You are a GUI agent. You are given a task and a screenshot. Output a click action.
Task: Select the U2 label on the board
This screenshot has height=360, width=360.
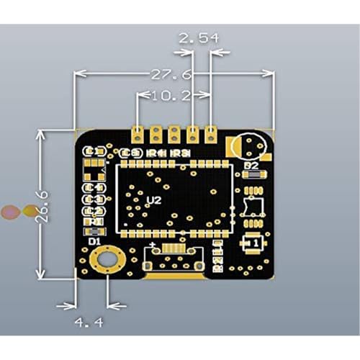[x=153, y=200]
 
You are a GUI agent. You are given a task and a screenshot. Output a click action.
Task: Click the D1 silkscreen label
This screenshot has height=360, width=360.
[x=94, y=242]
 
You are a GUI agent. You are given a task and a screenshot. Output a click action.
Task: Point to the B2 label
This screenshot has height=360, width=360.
[x=251, y=166]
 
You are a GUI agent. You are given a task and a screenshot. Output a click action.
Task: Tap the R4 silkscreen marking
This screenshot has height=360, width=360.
[x=156, y=153]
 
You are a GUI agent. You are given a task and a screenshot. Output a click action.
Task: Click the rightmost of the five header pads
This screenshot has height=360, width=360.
[x=211, y=133]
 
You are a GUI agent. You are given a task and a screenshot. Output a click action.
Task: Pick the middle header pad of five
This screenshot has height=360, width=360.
[x=174, y=133]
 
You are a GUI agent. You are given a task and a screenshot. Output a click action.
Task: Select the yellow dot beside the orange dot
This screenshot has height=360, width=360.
[x=30, y=211]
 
